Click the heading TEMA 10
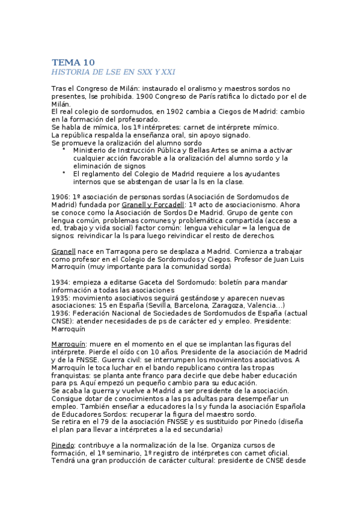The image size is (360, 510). coord(73,63)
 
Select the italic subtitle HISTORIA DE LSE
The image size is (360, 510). coord(114,72)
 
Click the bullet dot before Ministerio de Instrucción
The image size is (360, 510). coord(64,150)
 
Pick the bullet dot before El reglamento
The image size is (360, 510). coord(64,174)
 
